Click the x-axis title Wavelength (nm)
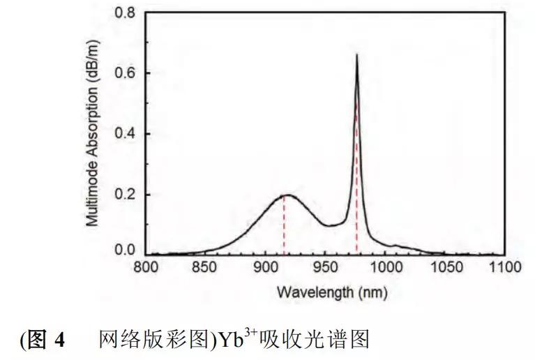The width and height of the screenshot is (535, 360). (331, 291)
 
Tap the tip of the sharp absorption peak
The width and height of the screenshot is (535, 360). (356, 54)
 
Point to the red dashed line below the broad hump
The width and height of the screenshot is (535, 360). (284, 227)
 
